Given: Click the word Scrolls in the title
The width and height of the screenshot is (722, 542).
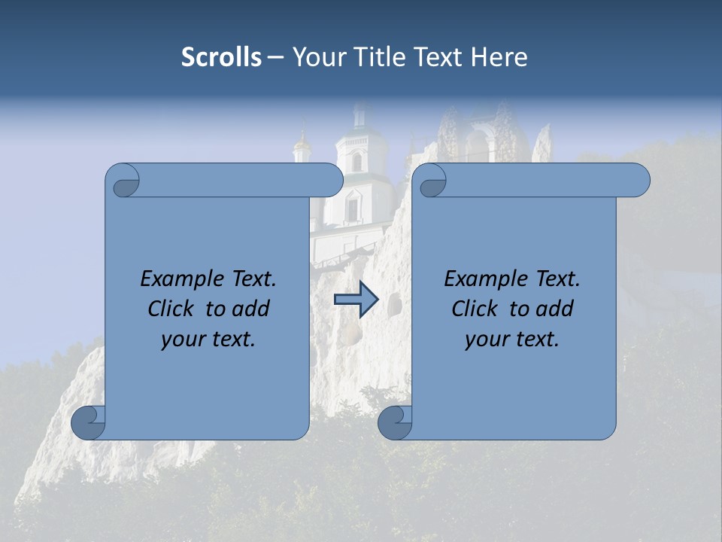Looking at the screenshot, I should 221,57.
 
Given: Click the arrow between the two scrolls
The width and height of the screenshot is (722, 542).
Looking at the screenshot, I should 356,299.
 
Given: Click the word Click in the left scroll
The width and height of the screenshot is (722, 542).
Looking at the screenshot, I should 169,309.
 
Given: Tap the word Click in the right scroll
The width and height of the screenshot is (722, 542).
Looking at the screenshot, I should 473,309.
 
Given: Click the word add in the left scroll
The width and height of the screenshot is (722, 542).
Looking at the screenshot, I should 251,309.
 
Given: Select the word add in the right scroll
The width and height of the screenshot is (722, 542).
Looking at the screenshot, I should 555,309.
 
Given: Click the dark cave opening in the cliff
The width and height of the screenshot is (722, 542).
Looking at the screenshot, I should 393,303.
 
